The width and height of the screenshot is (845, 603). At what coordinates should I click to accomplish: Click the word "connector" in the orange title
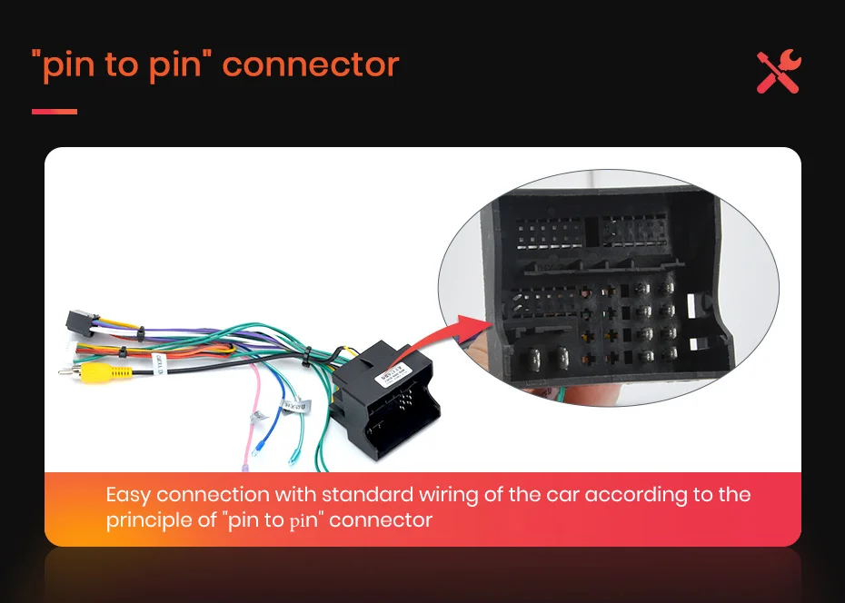(x=310, y=65)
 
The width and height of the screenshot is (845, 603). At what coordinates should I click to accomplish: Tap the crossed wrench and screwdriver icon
(x=779, y=72)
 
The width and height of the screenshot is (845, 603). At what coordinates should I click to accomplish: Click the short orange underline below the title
(x=55, y=112)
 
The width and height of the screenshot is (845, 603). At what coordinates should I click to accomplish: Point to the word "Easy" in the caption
(x=128, y=495)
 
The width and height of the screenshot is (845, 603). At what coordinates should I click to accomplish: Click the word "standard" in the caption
(x=366, y=495)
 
